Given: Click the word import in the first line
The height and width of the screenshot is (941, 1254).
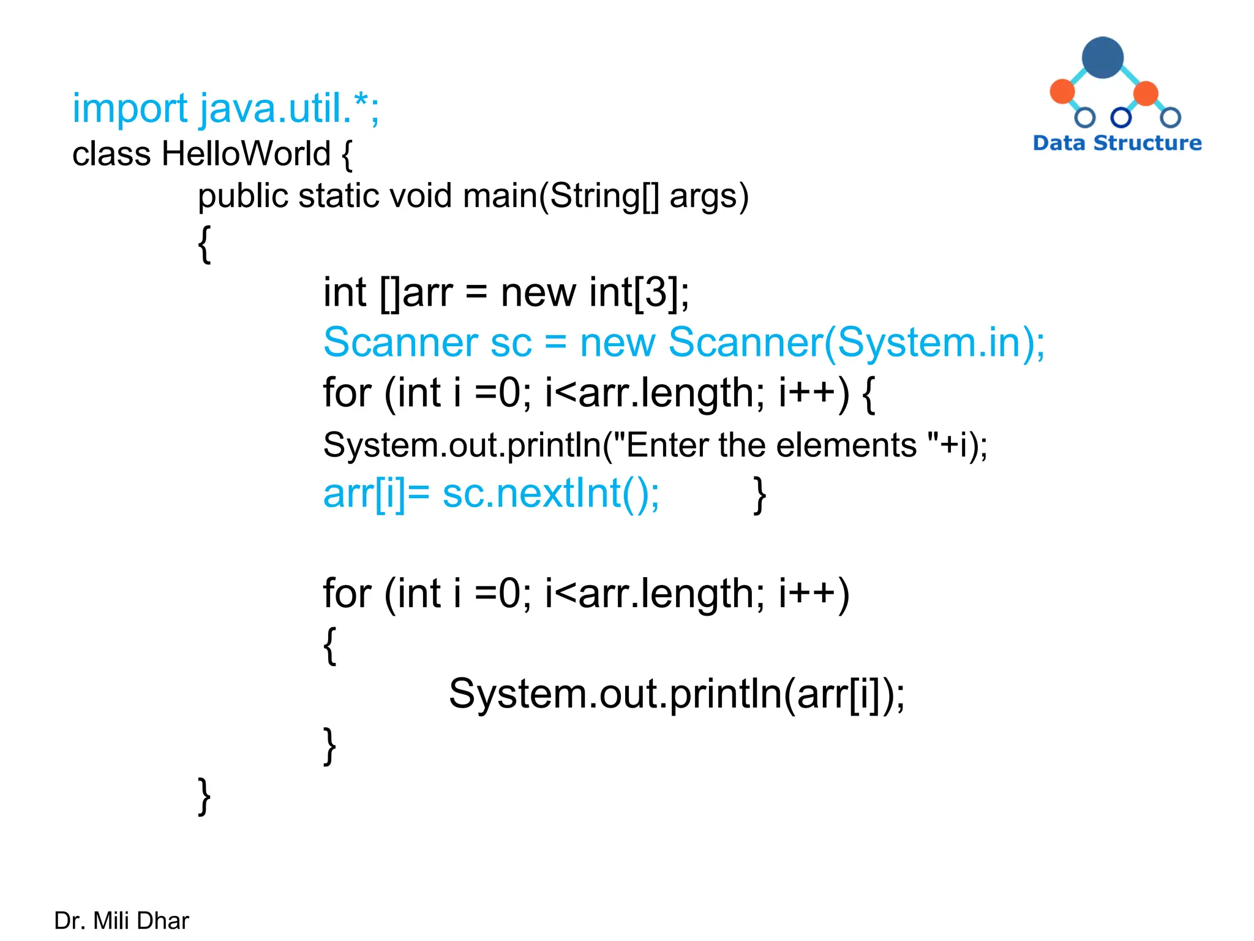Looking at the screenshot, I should pyautogui.click(x=129, y=109).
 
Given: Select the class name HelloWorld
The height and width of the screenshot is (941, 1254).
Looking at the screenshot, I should pyautogui.click(x=246, y=154).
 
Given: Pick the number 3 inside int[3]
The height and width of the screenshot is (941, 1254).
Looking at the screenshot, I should pyautogui.click(x=656, y=292).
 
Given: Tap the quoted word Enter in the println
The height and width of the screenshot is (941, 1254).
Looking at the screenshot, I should pyautogui.click(x=667, y=445).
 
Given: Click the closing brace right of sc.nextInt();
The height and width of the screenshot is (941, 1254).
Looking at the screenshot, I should pyautogui.click(x=759, y=495).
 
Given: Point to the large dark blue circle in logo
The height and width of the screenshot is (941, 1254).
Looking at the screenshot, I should pyautogui.click(x=1102, y=58).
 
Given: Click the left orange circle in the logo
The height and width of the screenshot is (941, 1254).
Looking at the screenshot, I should pyautogui.click(x=1062, y=91).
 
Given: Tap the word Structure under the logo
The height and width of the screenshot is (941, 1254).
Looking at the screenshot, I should pyautogui.click(x=1147, y=143).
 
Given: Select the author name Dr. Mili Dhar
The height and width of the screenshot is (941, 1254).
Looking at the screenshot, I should pyautogui.click(x=121, y=921).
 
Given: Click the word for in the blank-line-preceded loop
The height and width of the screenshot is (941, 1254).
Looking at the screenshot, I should pyautogui.click(x=347, y=594).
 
